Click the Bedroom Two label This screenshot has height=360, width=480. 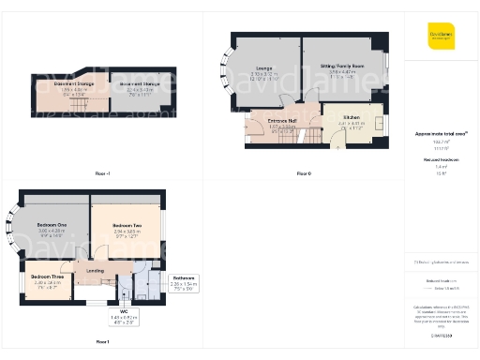coord(127,226)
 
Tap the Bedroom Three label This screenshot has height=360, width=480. coord(47,277)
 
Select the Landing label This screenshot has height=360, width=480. coord(95,272)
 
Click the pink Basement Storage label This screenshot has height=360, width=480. coord(62,85)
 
